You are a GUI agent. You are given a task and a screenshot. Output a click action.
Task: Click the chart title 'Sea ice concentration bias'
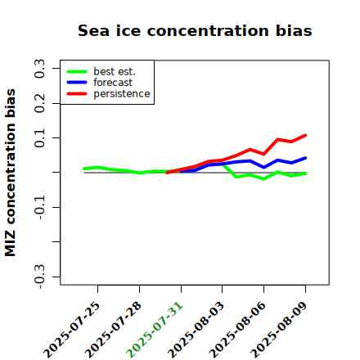point(195,30)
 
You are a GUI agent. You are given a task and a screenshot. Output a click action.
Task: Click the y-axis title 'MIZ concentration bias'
point(11,173)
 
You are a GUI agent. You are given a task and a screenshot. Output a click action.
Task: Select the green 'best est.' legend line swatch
point(77,71)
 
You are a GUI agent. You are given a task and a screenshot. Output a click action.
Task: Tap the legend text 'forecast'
point(113,83)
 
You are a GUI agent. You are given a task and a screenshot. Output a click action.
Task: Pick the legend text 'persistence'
point(122,94)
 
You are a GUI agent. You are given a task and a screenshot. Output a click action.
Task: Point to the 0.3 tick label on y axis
point(39,69)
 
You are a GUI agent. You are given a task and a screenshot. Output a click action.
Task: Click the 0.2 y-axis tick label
point(39,103)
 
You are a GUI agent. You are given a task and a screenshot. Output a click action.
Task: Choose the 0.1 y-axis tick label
point(39,138)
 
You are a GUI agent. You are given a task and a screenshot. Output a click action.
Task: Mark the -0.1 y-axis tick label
point(39,207)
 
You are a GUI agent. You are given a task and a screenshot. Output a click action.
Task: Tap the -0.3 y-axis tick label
point(39,277)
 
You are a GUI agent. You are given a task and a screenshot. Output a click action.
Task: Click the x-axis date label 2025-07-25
point(72,330)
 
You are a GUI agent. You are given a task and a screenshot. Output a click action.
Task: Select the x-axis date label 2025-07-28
point(114,330)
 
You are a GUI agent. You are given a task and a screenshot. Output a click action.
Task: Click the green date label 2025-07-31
point(155,330)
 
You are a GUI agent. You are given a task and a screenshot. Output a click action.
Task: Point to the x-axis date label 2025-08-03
point(196,330)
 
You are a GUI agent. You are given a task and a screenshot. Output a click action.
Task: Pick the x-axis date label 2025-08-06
point(237,330)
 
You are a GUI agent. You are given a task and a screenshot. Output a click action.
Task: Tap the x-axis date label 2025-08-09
point(279,330)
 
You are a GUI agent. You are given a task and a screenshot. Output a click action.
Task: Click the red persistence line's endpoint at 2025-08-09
point(305,135)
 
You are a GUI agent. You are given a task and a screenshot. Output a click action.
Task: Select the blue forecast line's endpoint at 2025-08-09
point(305,158)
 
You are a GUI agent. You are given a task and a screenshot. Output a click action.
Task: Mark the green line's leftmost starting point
point(84,169)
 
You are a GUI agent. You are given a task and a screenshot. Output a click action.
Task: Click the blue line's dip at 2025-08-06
point(263,167)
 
